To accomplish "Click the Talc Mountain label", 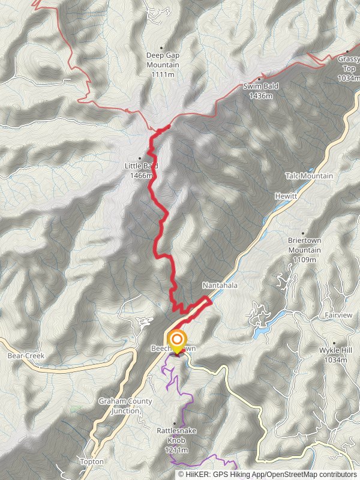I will (x=310, y=176).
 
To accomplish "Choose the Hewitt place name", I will (x=285, y=196).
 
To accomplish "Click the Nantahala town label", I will (x=220, y=286).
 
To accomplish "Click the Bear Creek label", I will (x=26, y=356).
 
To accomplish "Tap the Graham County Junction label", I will (x=126, y=406).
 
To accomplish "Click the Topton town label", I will (x=92, y=461).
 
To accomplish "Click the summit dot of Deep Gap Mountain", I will (x=161, y=47).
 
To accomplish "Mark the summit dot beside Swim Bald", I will (x=259, y=79).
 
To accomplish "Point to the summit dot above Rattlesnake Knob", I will (x=175, y=423).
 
